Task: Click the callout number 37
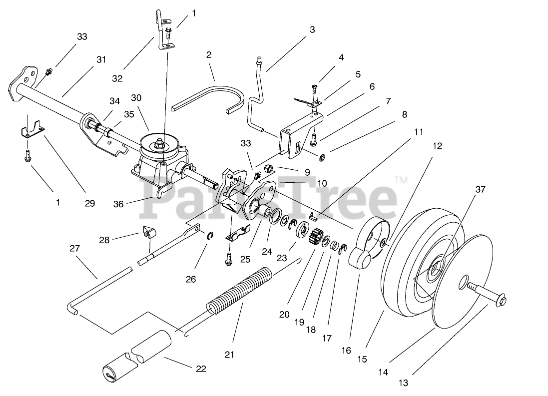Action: click(x=480, y=189)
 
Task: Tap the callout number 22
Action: click(x=200, y=369)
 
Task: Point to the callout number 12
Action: click(x=437, y=146)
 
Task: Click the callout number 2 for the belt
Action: click(x=209, y=54)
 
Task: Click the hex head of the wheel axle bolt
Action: click(x=502, y=300)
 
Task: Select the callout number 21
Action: click(x=229, y=355)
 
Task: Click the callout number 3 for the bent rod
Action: click(x=312, y=29)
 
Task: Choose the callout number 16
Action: click(x=346, y=350)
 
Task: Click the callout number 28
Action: click(x=104, y=240)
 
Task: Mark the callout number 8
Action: click(x=405, y=114)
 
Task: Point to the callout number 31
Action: click(x=101, y=59)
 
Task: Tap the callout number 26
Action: click(x=191, y=279)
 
